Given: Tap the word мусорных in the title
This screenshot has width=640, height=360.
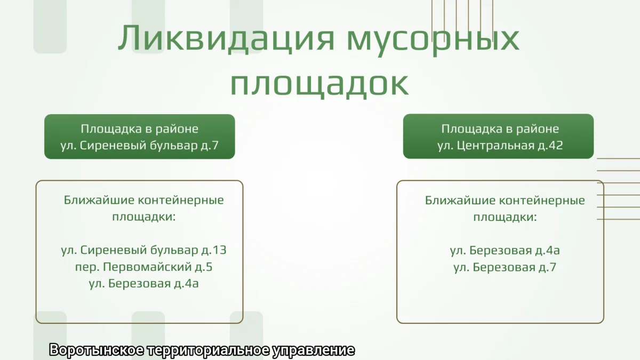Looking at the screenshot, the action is (433, 41).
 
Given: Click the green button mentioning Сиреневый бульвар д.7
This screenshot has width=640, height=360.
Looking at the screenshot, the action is (139, 137).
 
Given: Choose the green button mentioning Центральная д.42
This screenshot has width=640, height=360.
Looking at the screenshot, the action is (498, 137).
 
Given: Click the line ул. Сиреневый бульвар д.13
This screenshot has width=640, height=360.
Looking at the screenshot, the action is (143, 250).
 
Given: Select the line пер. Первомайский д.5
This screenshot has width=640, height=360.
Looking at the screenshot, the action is (143, 267).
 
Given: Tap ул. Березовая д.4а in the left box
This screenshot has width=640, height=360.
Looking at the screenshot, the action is (143, 283).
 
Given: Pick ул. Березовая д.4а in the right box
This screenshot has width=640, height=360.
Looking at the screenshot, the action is (505, 250).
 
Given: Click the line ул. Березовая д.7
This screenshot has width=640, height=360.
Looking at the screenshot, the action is (505, 267).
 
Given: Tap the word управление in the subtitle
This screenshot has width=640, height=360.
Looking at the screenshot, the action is (314, 350).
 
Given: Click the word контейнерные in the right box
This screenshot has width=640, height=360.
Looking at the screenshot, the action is (542, 201).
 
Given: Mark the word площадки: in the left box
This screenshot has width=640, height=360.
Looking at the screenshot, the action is (143, 217).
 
